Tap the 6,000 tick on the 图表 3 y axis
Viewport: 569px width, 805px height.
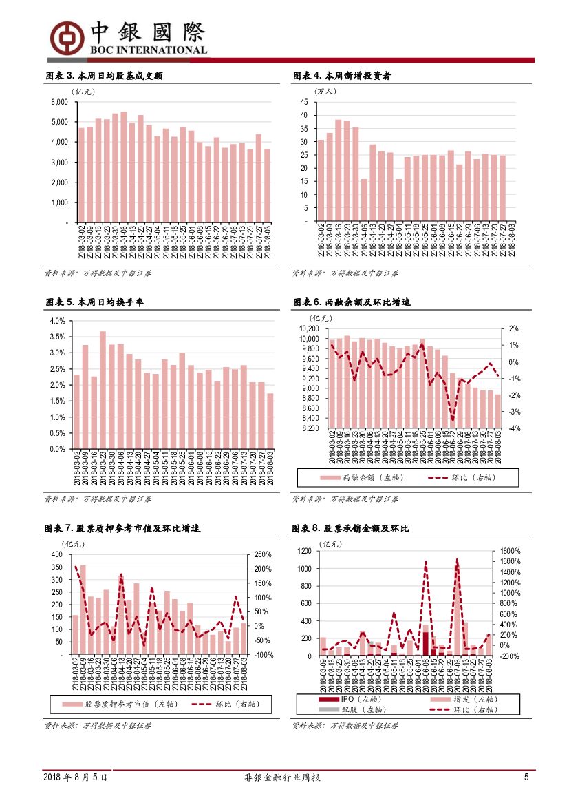pos(59,102)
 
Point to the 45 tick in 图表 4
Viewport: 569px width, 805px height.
pos(303,102)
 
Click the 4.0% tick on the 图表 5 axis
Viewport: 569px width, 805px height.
pos(57,322)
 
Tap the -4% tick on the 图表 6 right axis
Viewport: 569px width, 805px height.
pos(514,428)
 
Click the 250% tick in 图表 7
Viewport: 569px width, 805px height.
pos(263,554)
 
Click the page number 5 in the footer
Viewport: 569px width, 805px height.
pos(526,777)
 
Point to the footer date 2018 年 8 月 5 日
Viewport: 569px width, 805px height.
pos(75,777)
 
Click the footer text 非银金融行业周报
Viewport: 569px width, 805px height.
pos(283,777)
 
